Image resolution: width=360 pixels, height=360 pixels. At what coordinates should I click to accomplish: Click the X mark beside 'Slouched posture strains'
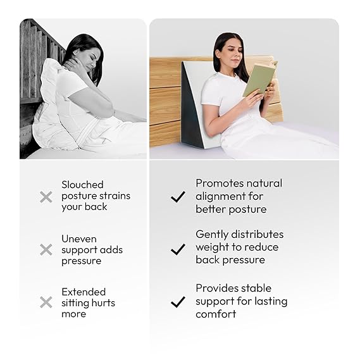(x=46, y=197)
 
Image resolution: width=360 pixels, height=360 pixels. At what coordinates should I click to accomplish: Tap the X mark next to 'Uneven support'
(x=46, y=249)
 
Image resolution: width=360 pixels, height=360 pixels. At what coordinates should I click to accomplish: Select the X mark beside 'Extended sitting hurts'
(x=46, y=302)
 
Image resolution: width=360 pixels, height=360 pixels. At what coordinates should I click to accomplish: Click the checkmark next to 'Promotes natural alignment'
(x=178, y=197)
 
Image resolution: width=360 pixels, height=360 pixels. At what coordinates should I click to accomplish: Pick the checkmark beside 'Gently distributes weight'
(x=178, y=249)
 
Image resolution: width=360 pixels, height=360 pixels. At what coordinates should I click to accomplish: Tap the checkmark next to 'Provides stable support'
(x=178, y=302)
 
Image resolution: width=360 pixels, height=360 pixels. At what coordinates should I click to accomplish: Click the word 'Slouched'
(x=82, y=185)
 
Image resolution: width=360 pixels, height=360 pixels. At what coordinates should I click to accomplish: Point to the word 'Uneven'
(x=79, y=239)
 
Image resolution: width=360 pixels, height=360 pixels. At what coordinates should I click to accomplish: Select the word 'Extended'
(x=84, y=292)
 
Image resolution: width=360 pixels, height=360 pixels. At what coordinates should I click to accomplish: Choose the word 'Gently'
(x=212, y=235)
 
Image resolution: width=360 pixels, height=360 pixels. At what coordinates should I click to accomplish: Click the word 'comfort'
(x=216, y=314)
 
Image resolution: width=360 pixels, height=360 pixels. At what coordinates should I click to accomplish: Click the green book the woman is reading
(x=260, y=78)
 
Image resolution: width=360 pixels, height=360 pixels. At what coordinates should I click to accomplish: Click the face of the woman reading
(x=233, y=54)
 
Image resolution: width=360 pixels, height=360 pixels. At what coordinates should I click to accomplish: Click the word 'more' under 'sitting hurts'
(x=73, y=314)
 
